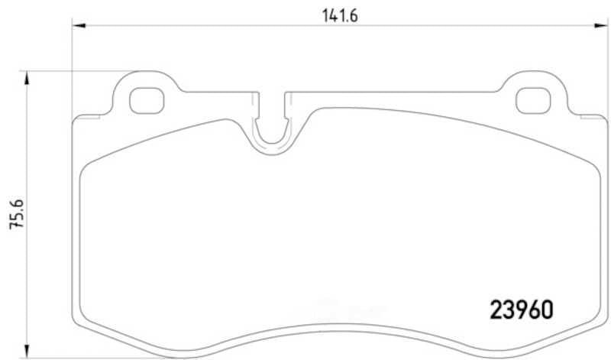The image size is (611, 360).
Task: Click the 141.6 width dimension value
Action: coord(340,15)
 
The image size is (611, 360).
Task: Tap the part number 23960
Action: coord(522,310)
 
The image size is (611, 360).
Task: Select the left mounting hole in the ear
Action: coord(147,101)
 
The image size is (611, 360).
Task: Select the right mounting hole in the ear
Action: coord(533,101)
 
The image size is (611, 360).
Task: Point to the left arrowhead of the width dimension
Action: coord(79,26)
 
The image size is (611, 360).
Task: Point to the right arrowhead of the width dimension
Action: coord(600,26)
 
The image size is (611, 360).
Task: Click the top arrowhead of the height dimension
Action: coord(27,78)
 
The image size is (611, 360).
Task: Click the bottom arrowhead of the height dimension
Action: coord(27,350)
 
